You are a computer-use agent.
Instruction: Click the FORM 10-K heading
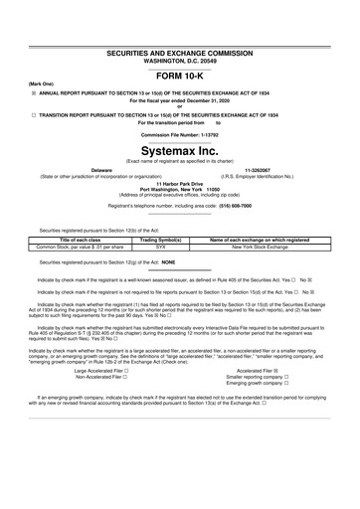181,75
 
